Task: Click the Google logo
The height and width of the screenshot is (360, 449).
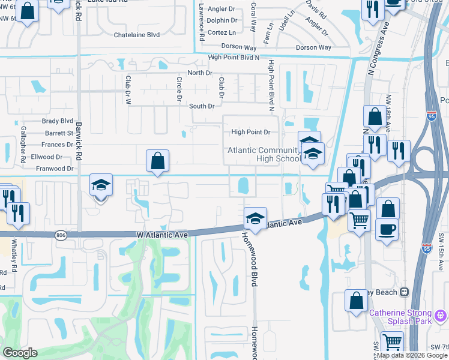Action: (x=20, y=353)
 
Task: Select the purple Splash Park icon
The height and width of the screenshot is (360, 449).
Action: (x=441, y=314)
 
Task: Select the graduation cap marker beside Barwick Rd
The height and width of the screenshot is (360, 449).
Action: (x=101, y=186)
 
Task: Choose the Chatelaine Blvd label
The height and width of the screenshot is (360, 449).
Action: (x=137, y=35)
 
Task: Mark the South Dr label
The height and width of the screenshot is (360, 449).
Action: (x=202, y=106)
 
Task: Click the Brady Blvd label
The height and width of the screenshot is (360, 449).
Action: (x=58, y=121)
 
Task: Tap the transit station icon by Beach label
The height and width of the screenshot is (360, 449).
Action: (x=405, y=292)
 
